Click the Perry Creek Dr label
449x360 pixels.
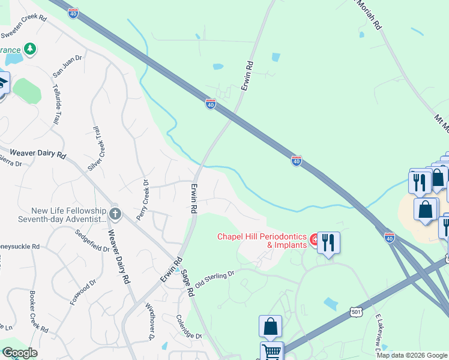pos(143,198)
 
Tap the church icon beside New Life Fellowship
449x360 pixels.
pos(116,214)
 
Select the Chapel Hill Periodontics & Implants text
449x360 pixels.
pos(262,241)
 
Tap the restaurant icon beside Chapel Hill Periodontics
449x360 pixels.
pos(328,242)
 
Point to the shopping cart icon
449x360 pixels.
pos(272,351)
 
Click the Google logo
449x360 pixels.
pos(20,353)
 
